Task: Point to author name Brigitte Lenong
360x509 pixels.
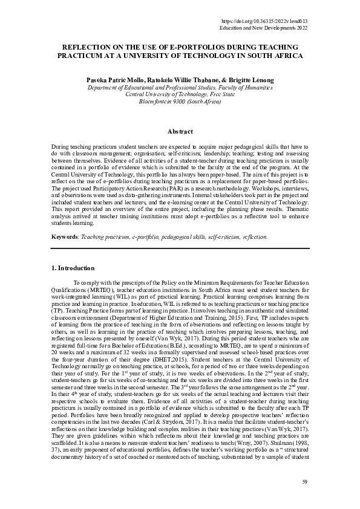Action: click(249, 79)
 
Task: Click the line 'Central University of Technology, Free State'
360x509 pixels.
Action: click(180, 94)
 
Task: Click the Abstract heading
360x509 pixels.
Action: click(180, 132)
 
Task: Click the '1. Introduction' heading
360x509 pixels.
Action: click(72, 268)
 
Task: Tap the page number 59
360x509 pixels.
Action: click(305, 481)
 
